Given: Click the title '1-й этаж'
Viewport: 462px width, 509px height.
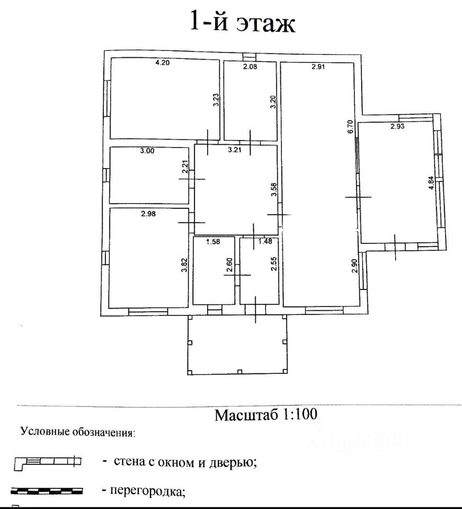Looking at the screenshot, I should tap(242, 23).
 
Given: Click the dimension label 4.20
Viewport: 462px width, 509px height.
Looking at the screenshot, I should tap(162, 63).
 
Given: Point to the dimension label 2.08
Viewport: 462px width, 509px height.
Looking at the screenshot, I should tap(250, 66).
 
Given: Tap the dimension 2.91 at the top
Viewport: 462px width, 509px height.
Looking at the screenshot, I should tap(318, 67).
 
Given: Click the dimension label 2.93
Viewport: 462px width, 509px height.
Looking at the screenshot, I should tap(398, 126).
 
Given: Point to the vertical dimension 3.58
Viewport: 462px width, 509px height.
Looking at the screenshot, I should tap(274, 190).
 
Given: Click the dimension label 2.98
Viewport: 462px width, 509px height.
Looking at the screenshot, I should tap(149, 214).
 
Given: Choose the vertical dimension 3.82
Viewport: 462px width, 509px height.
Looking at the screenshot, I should tap(184, 265).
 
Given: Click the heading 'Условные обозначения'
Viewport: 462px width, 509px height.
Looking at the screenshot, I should tap(78, 432).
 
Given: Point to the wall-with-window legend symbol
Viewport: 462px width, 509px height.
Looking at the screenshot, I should tap(48, 463).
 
